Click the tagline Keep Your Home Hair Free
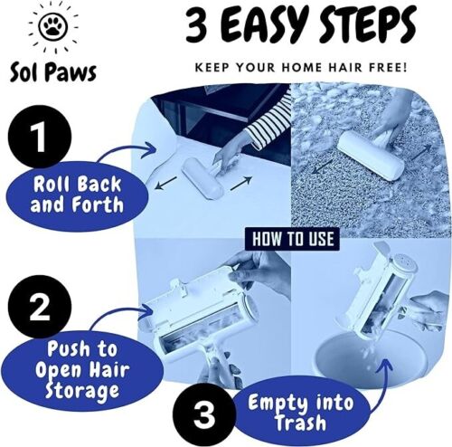tap(302, 67)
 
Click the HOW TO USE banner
tap(292, 239)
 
